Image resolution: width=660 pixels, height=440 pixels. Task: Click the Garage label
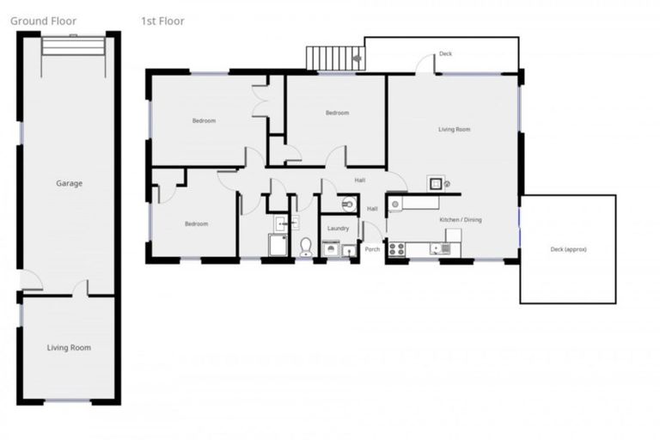(x=69, y=183)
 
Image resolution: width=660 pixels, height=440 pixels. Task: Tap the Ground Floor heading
(x=43, y=21)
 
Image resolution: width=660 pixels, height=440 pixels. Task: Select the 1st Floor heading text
(x=162, y=21)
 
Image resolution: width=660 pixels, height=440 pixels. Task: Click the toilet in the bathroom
(x=306, y=247)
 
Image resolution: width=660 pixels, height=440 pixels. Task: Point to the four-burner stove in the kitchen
(x=397, y=248)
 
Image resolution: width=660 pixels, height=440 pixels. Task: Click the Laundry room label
(x=338, y=229)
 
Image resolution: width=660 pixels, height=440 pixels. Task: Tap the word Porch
(x=372, y=249)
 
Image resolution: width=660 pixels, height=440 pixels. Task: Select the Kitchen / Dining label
(x=461, y=220)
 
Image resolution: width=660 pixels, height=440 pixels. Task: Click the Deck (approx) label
(x=568, y=250)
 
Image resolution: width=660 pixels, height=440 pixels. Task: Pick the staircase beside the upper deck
(x=335, y=58)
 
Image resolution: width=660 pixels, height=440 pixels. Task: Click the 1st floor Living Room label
(x=454, y=130)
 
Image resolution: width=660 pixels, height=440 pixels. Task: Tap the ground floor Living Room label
(x=69, y=347)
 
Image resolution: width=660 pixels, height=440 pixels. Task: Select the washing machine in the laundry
(x=330, y=250)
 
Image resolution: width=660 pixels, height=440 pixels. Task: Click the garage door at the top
(x=73, y=45)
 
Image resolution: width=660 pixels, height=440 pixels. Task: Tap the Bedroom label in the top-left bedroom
(x=204, y=120)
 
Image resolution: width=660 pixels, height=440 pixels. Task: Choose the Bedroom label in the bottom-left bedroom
(x=196, y=224)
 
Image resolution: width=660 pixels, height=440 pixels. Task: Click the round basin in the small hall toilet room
(x=348, y=204)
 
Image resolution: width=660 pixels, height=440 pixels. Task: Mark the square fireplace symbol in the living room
(x=435, y=182)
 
